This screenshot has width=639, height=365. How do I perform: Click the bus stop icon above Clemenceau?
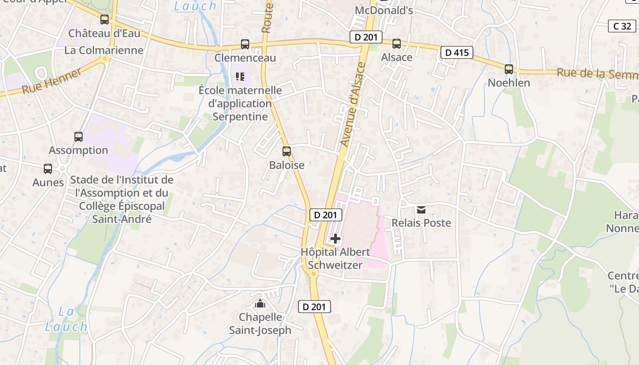245,44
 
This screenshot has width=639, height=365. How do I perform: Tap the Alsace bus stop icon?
397,44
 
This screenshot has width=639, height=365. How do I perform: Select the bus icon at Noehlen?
509,69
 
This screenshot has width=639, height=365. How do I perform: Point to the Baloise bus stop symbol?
287,151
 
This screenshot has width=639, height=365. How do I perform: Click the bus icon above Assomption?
79,137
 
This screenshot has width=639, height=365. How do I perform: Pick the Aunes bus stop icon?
48,169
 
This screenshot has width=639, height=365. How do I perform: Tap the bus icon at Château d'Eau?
105,20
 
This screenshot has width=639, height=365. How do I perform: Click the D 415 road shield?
457,52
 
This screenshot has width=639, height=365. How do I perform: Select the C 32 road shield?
622,26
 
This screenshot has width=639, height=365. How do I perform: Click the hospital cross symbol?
335,238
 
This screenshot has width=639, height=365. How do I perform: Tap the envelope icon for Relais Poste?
421,210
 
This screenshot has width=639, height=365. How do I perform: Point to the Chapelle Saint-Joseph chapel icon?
260,303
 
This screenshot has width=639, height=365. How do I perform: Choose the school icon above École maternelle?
240,77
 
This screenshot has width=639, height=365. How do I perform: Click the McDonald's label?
384,10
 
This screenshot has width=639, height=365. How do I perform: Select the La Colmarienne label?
104,50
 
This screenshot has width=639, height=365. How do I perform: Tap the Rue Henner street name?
52,81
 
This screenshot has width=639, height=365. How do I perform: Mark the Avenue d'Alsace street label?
353,104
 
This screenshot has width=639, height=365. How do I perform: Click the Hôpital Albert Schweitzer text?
335,258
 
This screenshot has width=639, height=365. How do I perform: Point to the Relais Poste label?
421,223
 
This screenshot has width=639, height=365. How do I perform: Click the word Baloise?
287,165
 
